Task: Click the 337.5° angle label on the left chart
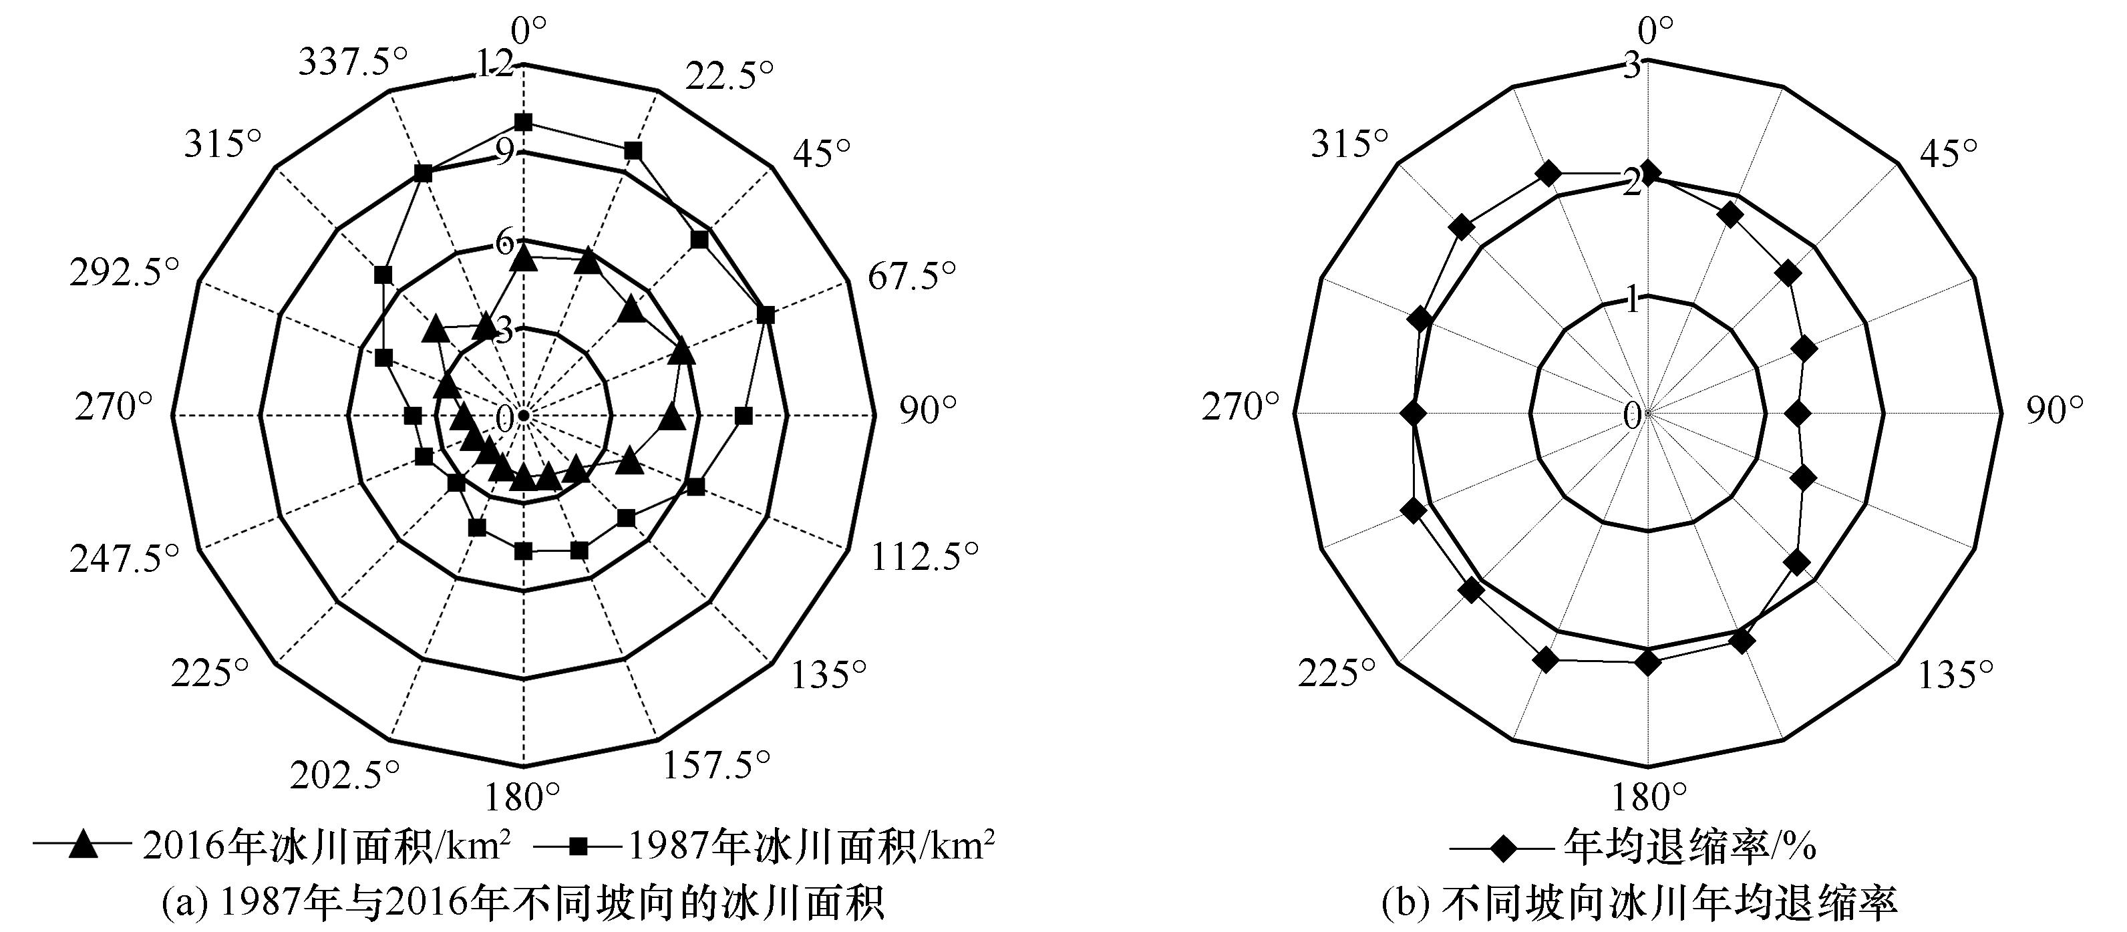point(353,62)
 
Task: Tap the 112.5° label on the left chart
point(924,558)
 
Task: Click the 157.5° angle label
point(716,764)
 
